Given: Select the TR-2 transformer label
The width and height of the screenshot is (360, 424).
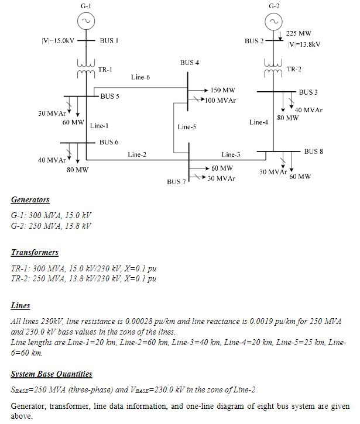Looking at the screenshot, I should pos(294,69).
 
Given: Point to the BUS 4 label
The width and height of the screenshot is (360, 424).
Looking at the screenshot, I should pos(190,61).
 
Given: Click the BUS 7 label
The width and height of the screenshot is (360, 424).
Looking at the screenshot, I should pos(176,182).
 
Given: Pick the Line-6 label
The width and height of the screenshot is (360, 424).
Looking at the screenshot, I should pos(140,77).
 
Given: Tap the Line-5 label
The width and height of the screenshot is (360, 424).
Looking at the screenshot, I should pos(187,126).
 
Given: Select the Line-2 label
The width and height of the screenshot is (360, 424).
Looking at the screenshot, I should pos(137,154).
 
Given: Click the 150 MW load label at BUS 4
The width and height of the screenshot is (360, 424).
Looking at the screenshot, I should pos(223,91).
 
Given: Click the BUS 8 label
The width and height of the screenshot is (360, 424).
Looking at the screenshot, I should pos(314,151).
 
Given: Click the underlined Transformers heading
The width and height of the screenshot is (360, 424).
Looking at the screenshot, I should pos(35,253).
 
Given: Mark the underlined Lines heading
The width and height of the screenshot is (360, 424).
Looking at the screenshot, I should pos(20,305).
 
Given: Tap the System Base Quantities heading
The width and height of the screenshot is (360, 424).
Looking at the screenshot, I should pos(52,374).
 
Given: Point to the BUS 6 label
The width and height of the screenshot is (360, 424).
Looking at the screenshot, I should pos(109,142).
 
